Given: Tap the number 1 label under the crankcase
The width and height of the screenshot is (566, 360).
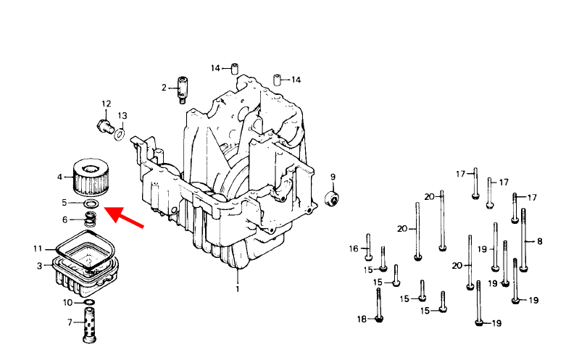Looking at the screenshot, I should point(236,289).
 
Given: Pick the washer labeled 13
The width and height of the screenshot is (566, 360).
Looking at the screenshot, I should point(120,134).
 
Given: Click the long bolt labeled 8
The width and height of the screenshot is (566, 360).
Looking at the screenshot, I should point(523,240).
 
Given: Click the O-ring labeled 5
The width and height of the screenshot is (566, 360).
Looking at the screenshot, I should point(91,205).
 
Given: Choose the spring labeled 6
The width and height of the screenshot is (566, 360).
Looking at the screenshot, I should point(91,218).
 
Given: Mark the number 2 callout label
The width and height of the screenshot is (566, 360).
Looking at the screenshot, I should point(164,88).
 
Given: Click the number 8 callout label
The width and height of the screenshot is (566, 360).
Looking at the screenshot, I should point(539,241).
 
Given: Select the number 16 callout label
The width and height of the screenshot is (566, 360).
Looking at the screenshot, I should point(354,248).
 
